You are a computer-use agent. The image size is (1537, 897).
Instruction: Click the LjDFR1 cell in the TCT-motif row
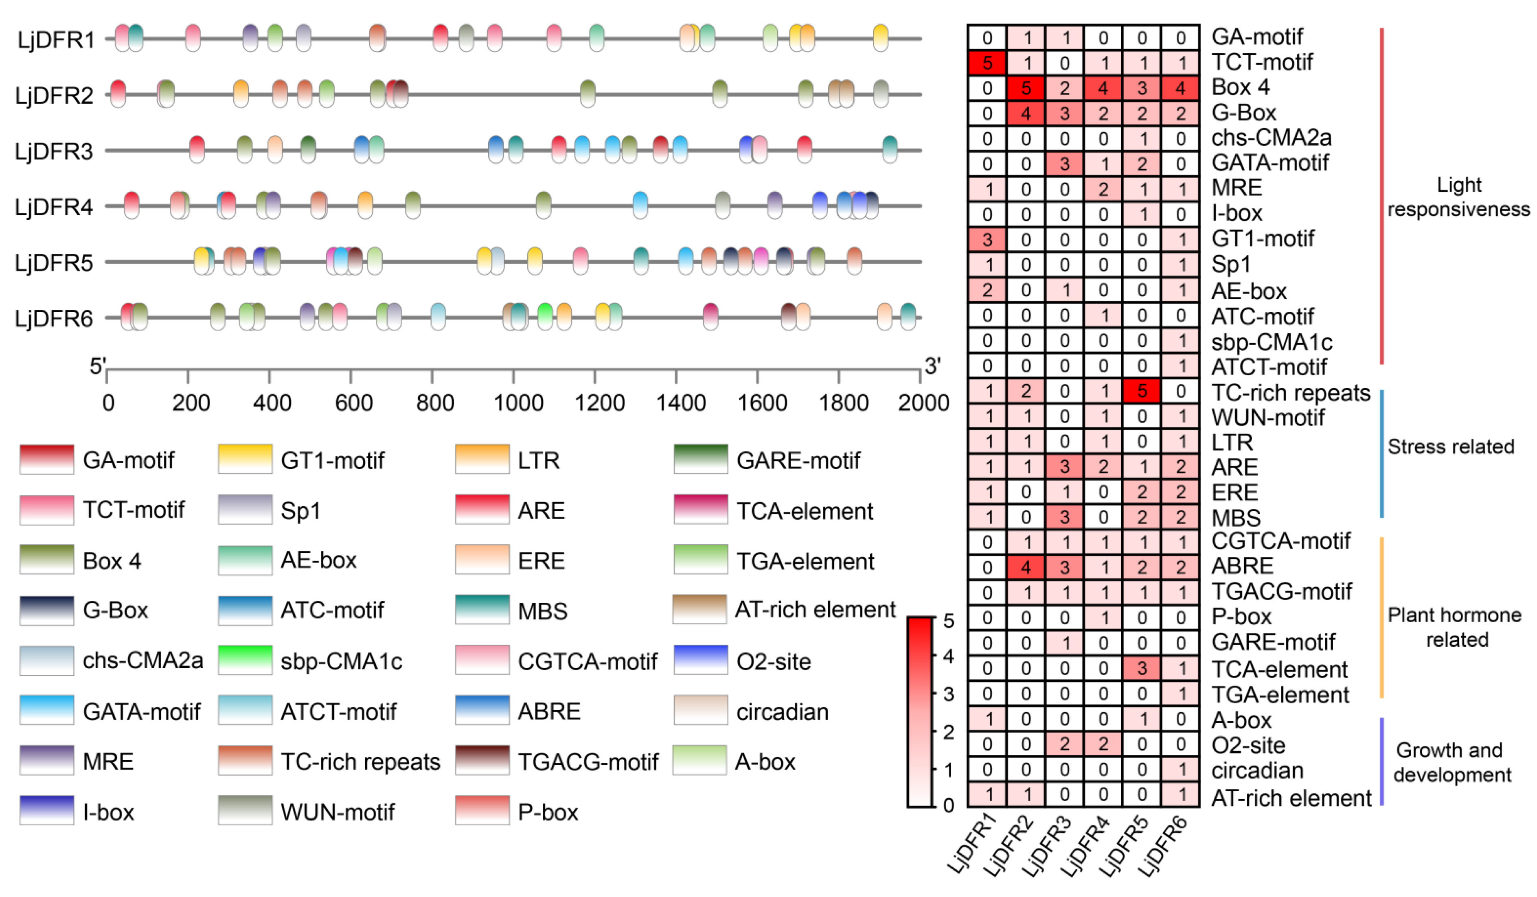pos(987,63)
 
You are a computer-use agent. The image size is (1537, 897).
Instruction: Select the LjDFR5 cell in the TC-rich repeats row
pos(1142,391)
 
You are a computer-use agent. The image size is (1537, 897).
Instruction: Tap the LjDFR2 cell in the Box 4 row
pos(1026,88)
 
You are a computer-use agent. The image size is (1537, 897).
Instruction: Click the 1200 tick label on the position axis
pos(599,403)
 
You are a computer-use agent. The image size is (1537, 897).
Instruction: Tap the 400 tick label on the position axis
pos(272,403)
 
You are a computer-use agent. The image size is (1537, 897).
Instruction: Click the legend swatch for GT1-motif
pos(245,459)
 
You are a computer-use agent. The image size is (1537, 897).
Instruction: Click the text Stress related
pos(1450,447)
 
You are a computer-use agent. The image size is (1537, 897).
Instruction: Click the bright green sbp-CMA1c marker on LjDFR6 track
pos(545,315)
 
